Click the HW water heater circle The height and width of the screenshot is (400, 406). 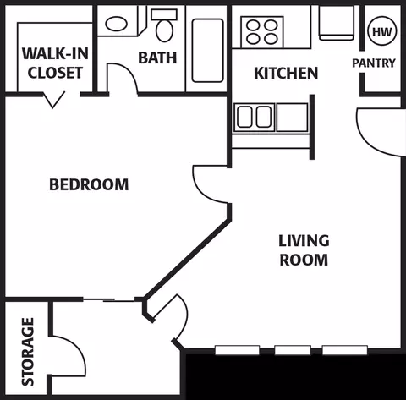click(x=382, y=31)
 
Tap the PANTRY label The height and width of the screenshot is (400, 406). click(x=374, y=63)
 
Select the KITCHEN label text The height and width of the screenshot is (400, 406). click(x=286, y=73)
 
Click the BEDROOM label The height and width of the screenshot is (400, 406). click(x=89, y=184)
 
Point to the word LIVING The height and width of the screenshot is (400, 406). click(x=304, y=241)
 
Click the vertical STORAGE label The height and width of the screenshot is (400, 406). click(x=28, y=352)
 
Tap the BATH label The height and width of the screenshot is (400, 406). click(x=157, y=58)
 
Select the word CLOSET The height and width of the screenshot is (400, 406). click(x=55, y=73)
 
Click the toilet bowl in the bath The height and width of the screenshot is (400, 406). click(x=165, y=30)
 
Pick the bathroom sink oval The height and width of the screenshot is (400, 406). click(x=116, y=24)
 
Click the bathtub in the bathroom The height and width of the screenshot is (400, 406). click(x=207, y=51)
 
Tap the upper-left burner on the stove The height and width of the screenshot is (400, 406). click(x=253, y=25)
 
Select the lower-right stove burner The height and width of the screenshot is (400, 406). click(x=271, y=39)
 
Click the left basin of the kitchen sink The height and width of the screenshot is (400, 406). click(x=244, y=117)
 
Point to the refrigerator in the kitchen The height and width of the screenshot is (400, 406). click(x=337, y=23)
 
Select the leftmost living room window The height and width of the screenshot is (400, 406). click(x=237, y=350)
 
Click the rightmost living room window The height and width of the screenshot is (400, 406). click(x=345, y=350)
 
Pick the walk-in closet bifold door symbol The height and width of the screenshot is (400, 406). click(x=54, y=99)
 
